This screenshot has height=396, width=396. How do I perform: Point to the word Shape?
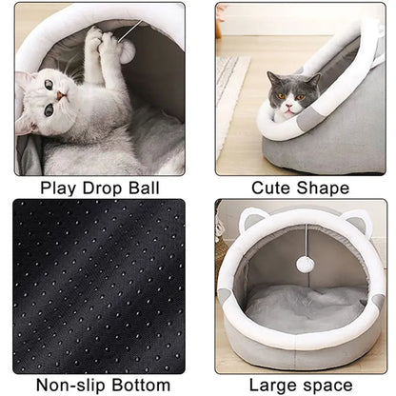coord(324,188)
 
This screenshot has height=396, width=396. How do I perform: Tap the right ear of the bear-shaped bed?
coord(357,225)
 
